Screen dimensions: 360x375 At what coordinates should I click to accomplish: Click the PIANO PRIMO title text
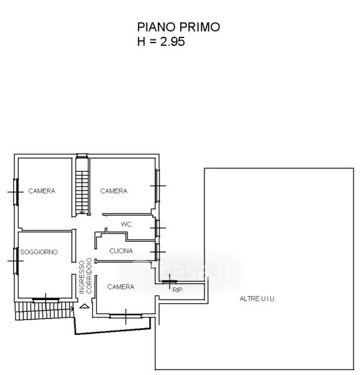click(x=179, y=27)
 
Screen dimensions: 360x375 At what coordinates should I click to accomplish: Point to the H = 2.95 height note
click(x=161, y=41)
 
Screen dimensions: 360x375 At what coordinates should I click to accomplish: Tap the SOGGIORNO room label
click(x=39, y=252)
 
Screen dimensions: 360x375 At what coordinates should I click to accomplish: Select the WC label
click(x=126, y=224)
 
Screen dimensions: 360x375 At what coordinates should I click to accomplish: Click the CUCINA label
click(x=121, y=251)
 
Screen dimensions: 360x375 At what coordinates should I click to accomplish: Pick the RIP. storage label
click(x=178, y=291)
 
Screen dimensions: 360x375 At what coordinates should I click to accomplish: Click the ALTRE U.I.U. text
click(x=257, y=299)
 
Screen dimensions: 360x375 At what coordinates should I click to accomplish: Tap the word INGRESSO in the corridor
click(x=82, y=277)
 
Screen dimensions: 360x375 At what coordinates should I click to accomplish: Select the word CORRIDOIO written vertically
click(x=89, y=276)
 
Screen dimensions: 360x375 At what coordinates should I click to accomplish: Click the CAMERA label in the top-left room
click(x=42, y=191)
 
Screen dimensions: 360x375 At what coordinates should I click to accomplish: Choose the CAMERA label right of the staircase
click(x=114, y=191)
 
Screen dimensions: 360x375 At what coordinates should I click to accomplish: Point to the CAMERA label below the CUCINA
click(x=121, y=287)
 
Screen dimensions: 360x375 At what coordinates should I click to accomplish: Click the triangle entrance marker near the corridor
click(x=84, y=306)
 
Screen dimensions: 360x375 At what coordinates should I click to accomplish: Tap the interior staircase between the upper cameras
click(x=82, y=189)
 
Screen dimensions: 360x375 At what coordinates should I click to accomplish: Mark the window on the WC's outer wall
click(x=157, y=228)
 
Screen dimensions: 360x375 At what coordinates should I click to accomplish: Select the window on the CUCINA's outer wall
click(x=157, y=252)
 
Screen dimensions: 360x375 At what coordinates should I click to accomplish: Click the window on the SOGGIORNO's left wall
click(x=16, y=261)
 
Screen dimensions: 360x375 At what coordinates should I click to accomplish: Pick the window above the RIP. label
click(x=170, y=282)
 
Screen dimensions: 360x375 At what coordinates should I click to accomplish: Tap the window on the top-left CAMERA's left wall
click(x=16, y=192)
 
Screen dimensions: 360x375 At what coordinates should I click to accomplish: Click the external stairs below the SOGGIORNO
click(x=44, y=311)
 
